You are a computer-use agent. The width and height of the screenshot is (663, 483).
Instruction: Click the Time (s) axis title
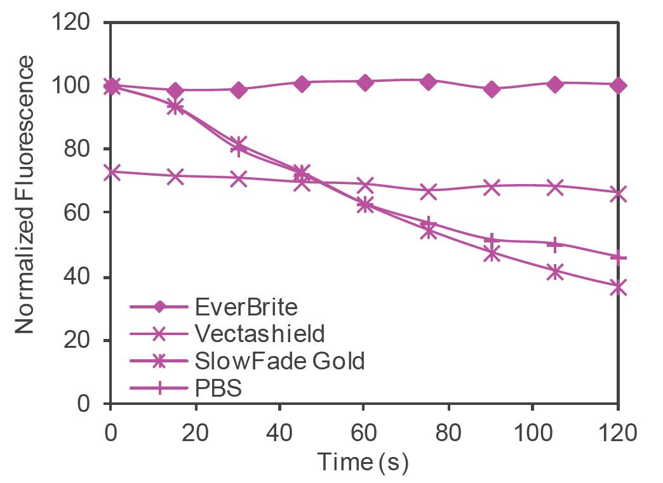(x=363, y=461)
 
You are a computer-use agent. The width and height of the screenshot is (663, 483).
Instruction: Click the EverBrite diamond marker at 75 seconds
(x=428, y=81)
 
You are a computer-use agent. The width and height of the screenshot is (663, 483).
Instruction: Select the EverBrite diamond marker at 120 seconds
(x=618, y=85)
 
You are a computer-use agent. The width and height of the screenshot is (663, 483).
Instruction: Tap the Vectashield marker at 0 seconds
(x=111, y=172)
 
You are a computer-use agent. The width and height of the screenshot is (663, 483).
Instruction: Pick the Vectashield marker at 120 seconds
(x=618, y=194)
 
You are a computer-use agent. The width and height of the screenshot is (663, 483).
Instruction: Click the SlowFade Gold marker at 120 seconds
(x=618, y=288)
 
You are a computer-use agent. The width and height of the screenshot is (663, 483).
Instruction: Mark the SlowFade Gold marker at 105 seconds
(x=555, y=272)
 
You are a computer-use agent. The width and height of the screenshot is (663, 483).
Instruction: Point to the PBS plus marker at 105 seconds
(x=555, y=243)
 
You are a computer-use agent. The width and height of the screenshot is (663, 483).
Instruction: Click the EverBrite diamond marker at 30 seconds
(x=238, y=89)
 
